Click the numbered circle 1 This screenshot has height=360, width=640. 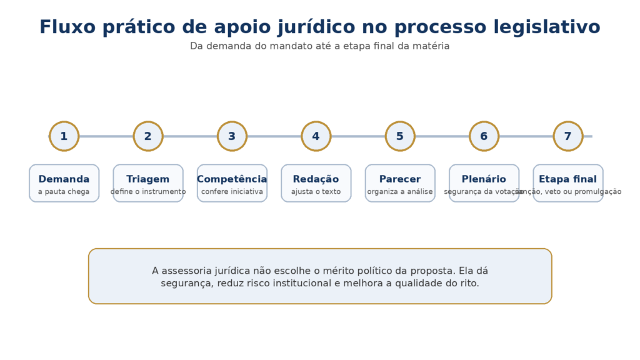(64, 136)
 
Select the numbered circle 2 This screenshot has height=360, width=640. (148, 136)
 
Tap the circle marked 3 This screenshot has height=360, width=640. (232, 136)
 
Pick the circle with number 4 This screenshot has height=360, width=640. (316, 136)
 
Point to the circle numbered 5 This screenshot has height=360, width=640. (400, 136)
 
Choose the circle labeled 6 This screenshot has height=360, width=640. (484, 136)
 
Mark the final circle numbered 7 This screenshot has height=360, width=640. (567, 136)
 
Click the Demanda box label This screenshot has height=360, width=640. (64, 179)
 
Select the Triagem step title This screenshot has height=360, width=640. (148, 179)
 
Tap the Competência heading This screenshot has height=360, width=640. (232, 179)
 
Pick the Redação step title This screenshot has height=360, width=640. (316, 179)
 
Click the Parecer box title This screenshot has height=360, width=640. (400, 179)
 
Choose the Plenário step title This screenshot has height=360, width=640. (484, 179)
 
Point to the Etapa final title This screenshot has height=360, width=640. (567, 179)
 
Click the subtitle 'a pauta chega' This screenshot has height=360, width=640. (64, 192)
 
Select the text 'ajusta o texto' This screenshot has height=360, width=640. (316, 192)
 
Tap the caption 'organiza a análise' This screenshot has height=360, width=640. (400, 192)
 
